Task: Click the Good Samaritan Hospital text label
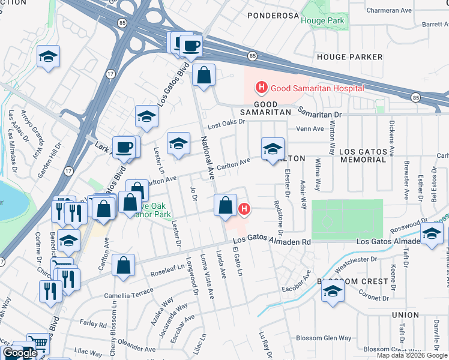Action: (x=317, y=88)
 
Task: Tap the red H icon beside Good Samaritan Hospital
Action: (x=261, y=88)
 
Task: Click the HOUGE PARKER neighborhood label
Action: (x=349, y=57)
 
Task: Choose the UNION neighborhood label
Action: (x=405, y=314)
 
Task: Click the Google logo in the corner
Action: (x=20, y=353)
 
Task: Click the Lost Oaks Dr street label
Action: (x=227, y=122)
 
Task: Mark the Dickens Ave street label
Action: (x=391, y=137)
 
